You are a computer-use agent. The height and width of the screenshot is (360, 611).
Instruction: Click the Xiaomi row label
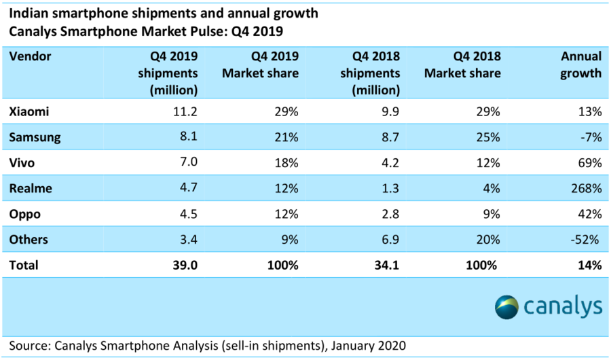(x=29, y=111)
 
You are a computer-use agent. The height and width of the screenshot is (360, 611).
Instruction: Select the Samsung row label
(x=35, y=137)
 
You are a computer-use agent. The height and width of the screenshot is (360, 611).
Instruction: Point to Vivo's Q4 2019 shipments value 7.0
(x=186, y=162)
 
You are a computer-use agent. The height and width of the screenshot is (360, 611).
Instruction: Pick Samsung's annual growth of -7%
(x=588, y=137)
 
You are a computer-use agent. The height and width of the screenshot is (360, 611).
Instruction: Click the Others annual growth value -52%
(x=585, y=240)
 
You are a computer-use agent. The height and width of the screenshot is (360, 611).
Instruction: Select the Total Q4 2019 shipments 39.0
(x=183, y=266)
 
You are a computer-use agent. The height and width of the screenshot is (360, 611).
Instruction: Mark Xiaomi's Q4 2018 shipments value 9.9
(x=387, y=111)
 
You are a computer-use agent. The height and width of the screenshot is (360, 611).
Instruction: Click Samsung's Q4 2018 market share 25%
(x=488, y=137)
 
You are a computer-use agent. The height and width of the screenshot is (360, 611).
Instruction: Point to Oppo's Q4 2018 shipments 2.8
(x=388, y=214)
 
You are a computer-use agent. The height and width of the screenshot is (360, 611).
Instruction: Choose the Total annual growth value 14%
(x=588, y=266)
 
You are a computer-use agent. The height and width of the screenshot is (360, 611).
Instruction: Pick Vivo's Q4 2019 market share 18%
(x=286, y=162)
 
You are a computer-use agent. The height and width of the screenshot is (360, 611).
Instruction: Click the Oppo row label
(x=25, y=214)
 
